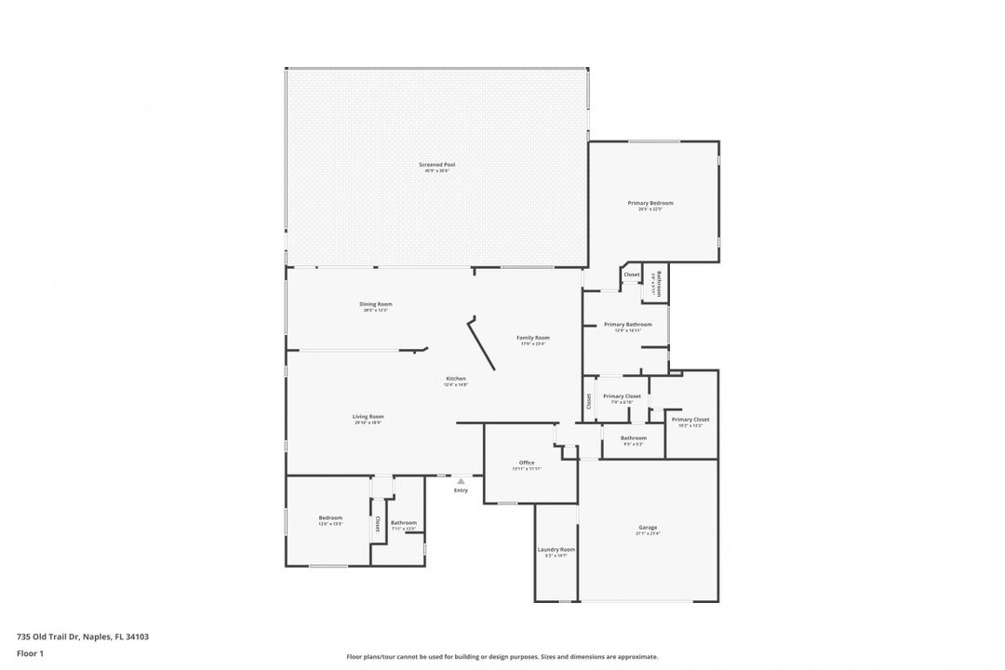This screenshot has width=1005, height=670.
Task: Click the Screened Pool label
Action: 436,165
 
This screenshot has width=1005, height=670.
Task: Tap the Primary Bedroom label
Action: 650,203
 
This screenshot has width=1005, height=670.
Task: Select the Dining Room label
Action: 376,304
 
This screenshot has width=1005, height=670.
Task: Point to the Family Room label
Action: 533,338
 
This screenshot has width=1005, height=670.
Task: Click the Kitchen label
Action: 455,379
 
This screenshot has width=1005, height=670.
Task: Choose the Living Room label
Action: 368,417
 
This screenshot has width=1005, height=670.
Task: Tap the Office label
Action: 526,462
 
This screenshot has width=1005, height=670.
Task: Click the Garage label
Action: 648,528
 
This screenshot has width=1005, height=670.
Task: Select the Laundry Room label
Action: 556,550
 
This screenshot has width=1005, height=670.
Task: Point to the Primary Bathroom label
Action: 627,325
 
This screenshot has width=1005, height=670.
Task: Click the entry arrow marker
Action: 460,480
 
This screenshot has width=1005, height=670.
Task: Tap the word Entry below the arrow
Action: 461,490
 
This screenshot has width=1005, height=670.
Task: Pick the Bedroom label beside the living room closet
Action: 330,518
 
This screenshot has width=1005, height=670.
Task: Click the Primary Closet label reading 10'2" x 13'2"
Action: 690,420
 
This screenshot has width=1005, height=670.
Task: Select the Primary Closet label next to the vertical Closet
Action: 622,396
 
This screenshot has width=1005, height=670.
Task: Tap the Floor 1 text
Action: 30,653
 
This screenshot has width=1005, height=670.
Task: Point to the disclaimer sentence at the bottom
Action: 502,656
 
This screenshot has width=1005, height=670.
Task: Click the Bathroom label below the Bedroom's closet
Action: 403,523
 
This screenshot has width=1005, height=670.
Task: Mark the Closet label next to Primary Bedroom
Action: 632,275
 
